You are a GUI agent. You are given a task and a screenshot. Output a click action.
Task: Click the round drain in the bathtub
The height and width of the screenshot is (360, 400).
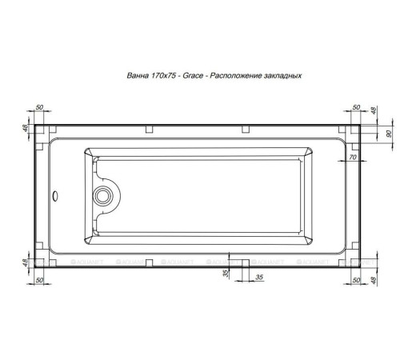click(102, 194)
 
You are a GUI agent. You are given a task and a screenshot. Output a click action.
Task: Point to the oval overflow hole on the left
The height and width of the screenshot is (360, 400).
click(54, 194)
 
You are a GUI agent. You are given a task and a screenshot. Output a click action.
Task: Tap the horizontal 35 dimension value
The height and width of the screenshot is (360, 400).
click(258, 277)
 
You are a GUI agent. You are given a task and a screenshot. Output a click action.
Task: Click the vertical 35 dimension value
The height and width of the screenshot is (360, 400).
click(226, 273)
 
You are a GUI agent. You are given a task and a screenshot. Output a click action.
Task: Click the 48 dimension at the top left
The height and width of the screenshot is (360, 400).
click(25, 128)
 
